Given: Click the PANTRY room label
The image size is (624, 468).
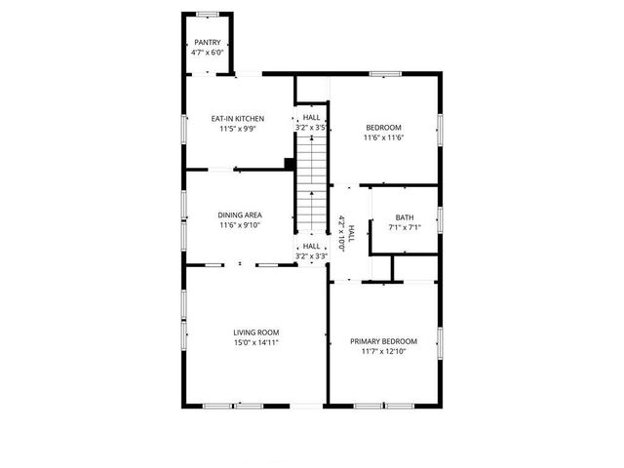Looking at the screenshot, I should (207, 42).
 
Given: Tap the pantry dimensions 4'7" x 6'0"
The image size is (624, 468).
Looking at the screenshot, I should (207, 53).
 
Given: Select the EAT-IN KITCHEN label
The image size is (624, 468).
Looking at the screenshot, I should (238, 119).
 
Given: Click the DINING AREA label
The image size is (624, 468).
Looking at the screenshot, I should (240, 215).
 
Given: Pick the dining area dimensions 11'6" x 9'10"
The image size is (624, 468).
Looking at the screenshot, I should (240, 226).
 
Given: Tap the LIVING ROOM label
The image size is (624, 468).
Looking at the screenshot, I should (256, 332).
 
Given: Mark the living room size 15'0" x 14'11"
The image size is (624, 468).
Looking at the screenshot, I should (256, 343).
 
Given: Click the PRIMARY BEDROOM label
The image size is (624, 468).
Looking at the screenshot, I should (384, 341).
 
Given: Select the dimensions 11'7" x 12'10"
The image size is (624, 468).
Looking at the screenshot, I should (384, 352).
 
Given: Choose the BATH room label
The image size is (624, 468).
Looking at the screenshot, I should (405, 217).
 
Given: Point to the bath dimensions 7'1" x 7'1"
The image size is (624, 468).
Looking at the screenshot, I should (405, 228).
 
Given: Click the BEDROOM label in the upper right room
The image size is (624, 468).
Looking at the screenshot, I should (384, 127).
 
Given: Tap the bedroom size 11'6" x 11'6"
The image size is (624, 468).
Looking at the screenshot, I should (384, 137).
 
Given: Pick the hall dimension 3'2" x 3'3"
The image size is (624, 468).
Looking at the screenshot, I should (311, 256).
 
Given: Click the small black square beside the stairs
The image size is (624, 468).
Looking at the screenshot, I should (289, 164).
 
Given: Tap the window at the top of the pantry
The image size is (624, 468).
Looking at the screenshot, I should (207, 16).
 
